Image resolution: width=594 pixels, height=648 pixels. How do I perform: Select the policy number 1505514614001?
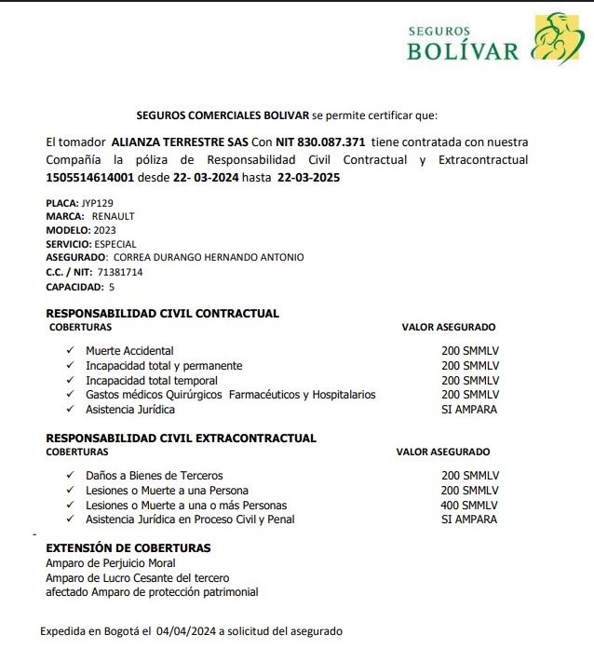(x=89, y=177)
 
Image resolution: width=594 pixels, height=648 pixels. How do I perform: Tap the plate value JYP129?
(x=97, y=202)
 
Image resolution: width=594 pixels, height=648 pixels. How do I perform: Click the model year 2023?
(x=104, y=230)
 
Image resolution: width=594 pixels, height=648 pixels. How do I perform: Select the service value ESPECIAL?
(x=115, y=244)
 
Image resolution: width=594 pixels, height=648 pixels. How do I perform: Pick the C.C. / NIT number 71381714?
(x=122, y=272)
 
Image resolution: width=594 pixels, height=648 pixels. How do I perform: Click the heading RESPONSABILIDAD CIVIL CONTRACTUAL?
(x=162, y=314)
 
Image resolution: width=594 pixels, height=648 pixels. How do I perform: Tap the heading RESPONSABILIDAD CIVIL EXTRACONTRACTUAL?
(x=181, y=438)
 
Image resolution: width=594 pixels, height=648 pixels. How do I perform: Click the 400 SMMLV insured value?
(x=469, y=505)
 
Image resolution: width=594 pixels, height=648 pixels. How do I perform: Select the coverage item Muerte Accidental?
(x=129, y=351)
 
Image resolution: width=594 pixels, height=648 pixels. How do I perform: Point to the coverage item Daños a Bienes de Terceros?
(x=155, y=476)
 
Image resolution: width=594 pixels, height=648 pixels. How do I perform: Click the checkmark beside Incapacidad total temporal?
(x=70, y=380)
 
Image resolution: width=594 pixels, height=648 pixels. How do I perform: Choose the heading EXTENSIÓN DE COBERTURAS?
(x=128, y=548)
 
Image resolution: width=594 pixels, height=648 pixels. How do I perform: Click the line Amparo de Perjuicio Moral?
(x=111, y=563)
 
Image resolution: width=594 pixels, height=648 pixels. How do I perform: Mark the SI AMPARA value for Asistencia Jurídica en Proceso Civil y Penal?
(x=469, y=520)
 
